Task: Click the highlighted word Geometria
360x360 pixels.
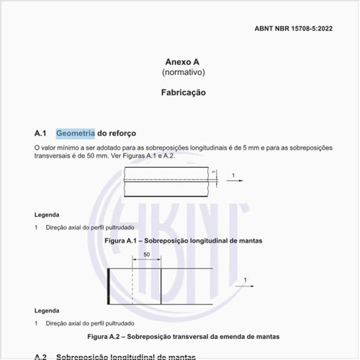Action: (75, 133)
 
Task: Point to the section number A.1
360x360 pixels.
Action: (40, 133)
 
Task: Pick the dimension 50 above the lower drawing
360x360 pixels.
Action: (148, 255)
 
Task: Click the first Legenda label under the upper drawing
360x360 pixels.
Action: (47, 215)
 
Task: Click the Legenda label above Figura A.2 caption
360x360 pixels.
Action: (47, 311)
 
